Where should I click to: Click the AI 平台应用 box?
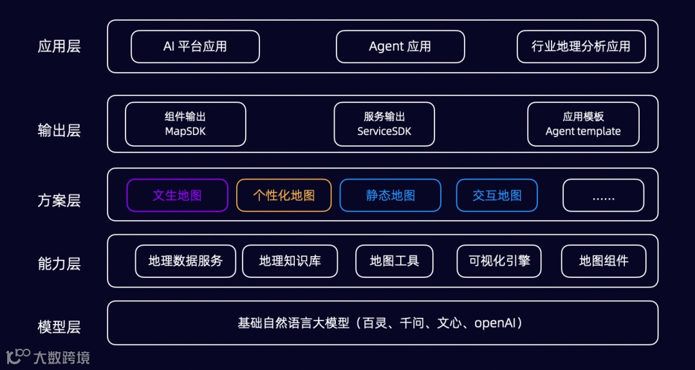coord(195,47)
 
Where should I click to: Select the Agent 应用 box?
coord(400,47)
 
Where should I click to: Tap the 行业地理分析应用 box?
coord(580,47)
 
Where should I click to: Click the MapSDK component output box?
coord(185,124)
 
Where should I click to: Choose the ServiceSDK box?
coord(384,124)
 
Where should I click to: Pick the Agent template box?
coord(583,124)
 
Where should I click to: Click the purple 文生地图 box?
coord(177,196)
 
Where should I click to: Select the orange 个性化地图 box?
coord(284,196)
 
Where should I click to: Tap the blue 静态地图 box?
coord(390,196)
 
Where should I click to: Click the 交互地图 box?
coord(497,196)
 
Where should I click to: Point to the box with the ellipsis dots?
coord(603,196)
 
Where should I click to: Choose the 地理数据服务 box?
coord(185,261)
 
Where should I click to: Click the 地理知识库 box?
coord(290,261)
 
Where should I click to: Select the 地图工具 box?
coord(394,261)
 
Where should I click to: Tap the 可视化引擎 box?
coord(499,261)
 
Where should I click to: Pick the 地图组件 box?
coord(603,261)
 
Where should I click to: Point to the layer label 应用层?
coord(59,47)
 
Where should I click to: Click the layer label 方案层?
coord(59,201)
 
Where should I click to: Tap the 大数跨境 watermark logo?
coord(48,356)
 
